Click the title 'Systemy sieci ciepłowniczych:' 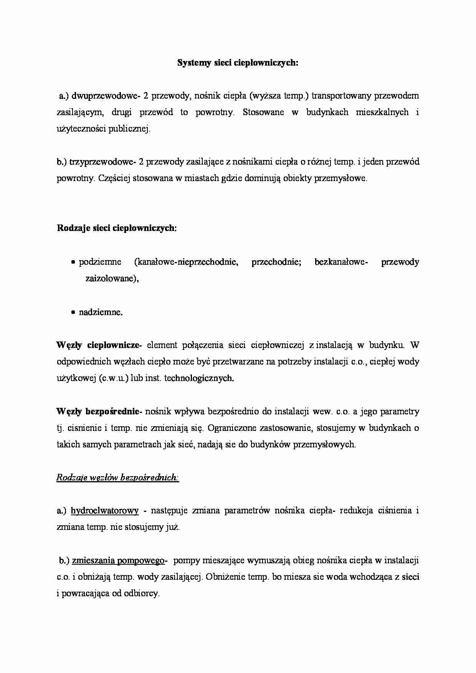click(x=238, y=63)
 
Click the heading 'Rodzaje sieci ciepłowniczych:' click(x=117, y=228)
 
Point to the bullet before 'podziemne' click(x=73, y=262)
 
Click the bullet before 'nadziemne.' click(x=73, y=313)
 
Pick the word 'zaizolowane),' click(x=112, y=279)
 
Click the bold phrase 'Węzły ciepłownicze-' click(x=99, y=345)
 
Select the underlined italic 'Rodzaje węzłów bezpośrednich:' click(x=117, y=478)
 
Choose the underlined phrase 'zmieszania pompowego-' click(x=119, y=561)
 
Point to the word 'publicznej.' click(x=129, y=129)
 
